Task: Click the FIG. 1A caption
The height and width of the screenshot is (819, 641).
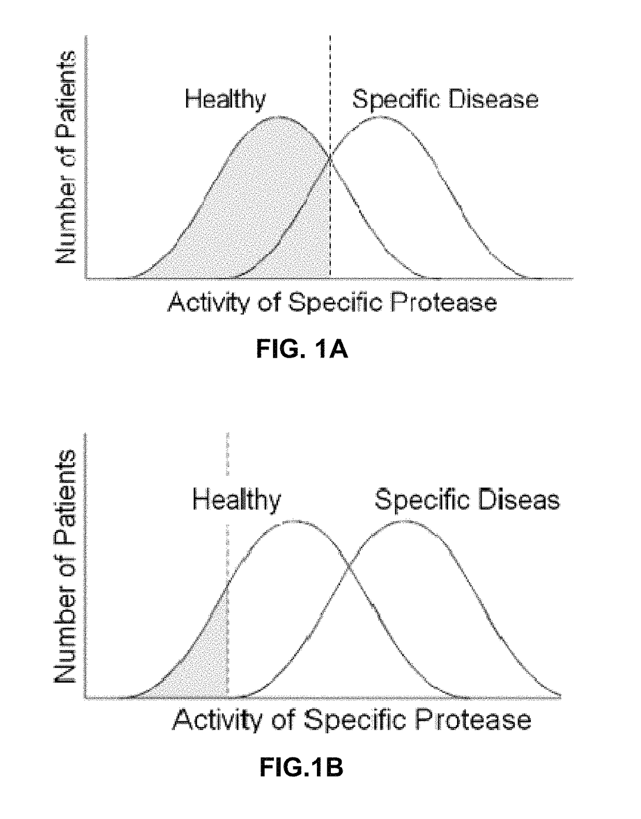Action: click(x=302, y=350)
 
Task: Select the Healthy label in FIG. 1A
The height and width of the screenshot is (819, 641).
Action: click(x=225, y=100)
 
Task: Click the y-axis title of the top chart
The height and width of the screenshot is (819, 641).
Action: click(x=66, y=158)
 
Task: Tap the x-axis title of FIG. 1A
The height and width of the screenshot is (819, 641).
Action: click(x=332, y=302)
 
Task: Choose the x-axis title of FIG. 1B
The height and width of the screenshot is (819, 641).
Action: click(x=352, y=720)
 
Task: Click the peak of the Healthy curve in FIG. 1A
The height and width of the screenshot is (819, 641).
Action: click(x=278, y=117)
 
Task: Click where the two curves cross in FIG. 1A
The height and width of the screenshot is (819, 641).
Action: click(x=330, y=159)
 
